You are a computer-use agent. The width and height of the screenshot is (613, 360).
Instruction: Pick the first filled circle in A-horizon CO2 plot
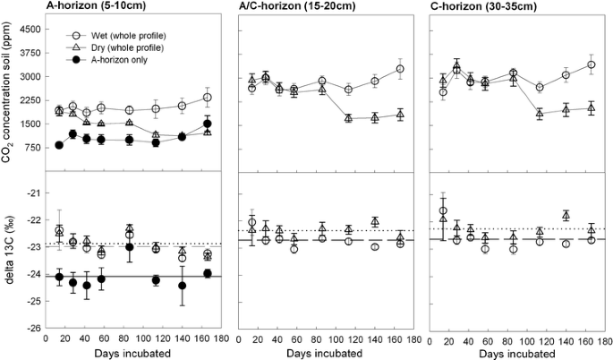(x=59, y=145)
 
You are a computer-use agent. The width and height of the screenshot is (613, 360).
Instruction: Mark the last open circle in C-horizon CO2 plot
(x=592, y=64)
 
